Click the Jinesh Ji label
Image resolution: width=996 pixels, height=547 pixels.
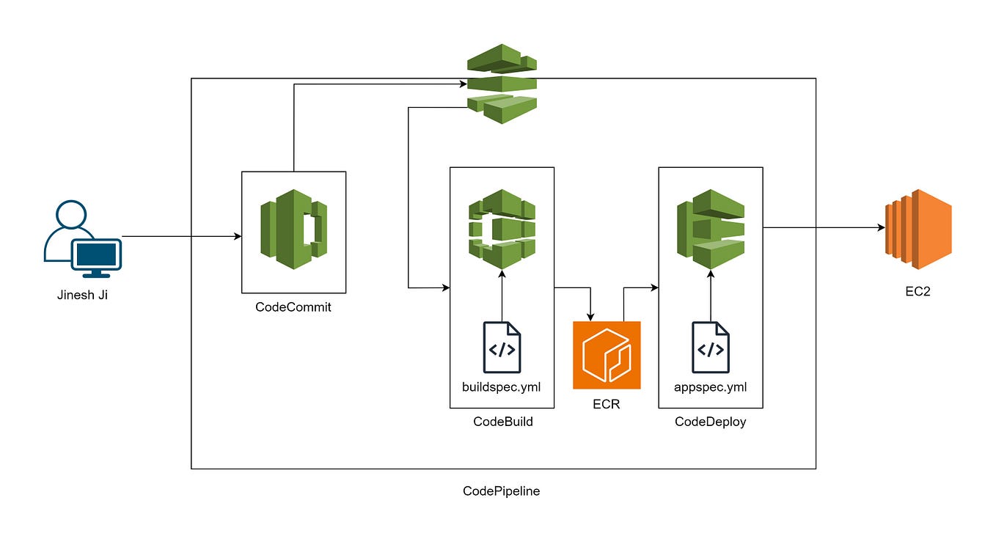click(82, 295)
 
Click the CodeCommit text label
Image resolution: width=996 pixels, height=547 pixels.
click(293, 307)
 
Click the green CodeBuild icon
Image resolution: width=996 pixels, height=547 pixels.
click(502, 228)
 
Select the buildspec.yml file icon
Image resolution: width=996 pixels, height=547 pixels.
click(502, 348)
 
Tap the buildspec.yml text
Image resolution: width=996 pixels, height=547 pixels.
click(502, 386)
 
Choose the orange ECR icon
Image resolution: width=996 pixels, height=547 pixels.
click(607, 355)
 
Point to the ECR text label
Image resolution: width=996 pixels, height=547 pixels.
click(607, 404)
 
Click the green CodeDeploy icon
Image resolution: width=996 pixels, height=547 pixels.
click(710, 228)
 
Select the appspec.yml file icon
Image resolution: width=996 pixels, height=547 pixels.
click(711, 348)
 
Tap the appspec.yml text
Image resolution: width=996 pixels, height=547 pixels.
click(711, 386)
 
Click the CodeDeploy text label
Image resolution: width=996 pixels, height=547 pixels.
click(711, 422)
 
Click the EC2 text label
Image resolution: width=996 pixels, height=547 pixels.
click(918, 291)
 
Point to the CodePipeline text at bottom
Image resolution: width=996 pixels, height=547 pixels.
click(502, 491)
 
